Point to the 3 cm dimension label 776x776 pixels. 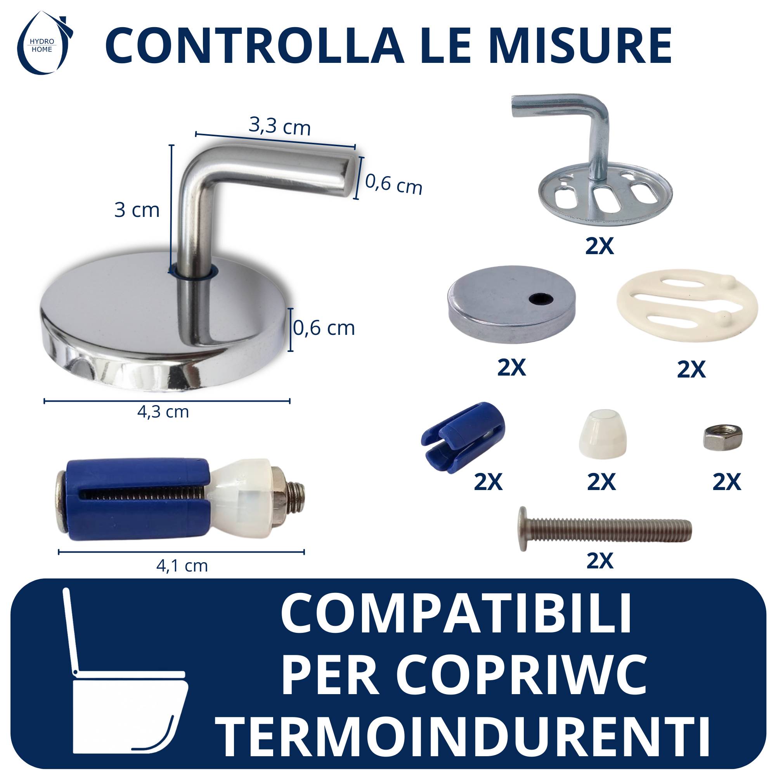click(137, 210)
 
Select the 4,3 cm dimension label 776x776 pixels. click(163, 412)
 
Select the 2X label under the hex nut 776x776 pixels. click(727, 482)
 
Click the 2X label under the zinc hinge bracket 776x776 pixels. click(600, 246)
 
